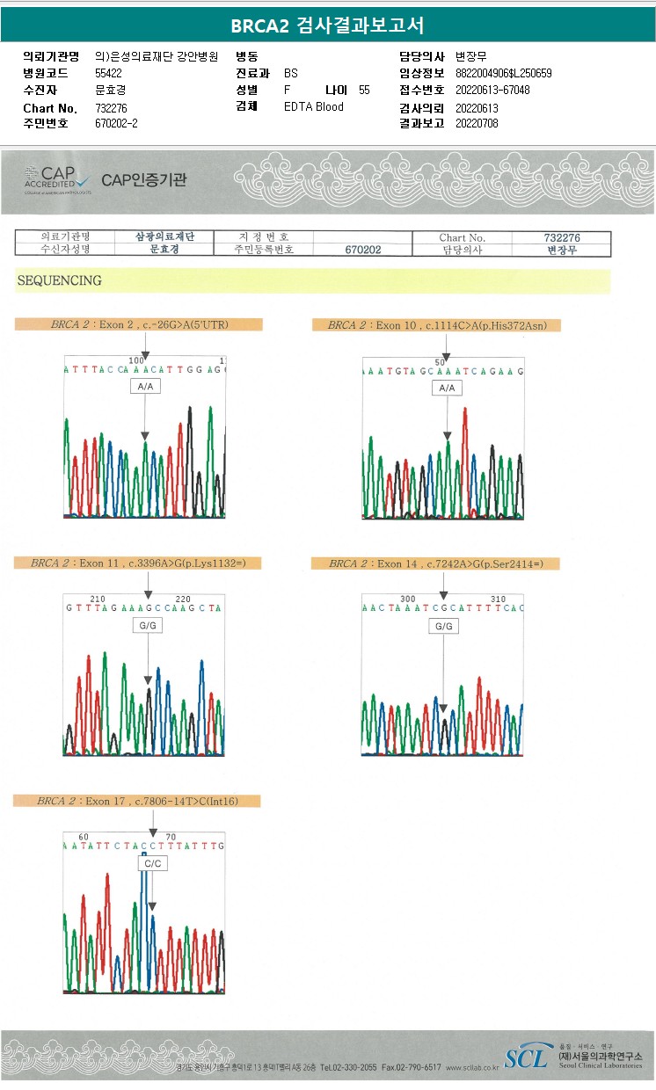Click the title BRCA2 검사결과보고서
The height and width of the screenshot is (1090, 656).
coord(327,25)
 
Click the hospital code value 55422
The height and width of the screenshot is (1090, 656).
coord(108,73)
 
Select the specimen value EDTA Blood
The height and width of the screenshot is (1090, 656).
coord(314,107)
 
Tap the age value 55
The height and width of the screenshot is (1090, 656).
coord(364,91)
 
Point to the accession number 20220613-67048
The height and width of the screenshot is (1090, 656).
coord(492,91)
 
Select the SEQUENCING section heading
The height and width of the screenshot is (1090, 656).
coord(59,281)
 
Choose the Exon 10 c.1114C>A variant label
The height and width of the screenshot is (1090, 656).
coord(436,325)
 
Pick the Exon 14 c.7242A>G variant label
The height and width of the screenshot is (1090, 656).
coord(436,563)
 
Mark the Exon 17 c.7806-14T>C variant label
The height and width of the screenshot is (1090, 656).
coord(137,801)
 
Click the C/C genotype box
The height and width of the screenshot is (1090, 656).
coord(152,864)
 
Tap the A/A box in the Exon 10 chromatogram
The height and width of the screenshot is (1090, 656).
coord(447,388)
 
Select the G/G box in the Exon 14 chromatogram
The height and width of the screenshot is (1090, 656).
coord(443,626)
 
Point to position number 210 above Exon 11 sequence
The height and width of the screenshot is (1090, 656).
coord(98,599)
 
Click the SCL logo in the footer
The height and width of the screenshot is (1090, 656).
coord(526,1056)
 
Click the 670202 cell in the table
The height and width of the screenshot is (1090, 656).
coord(362,250)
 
